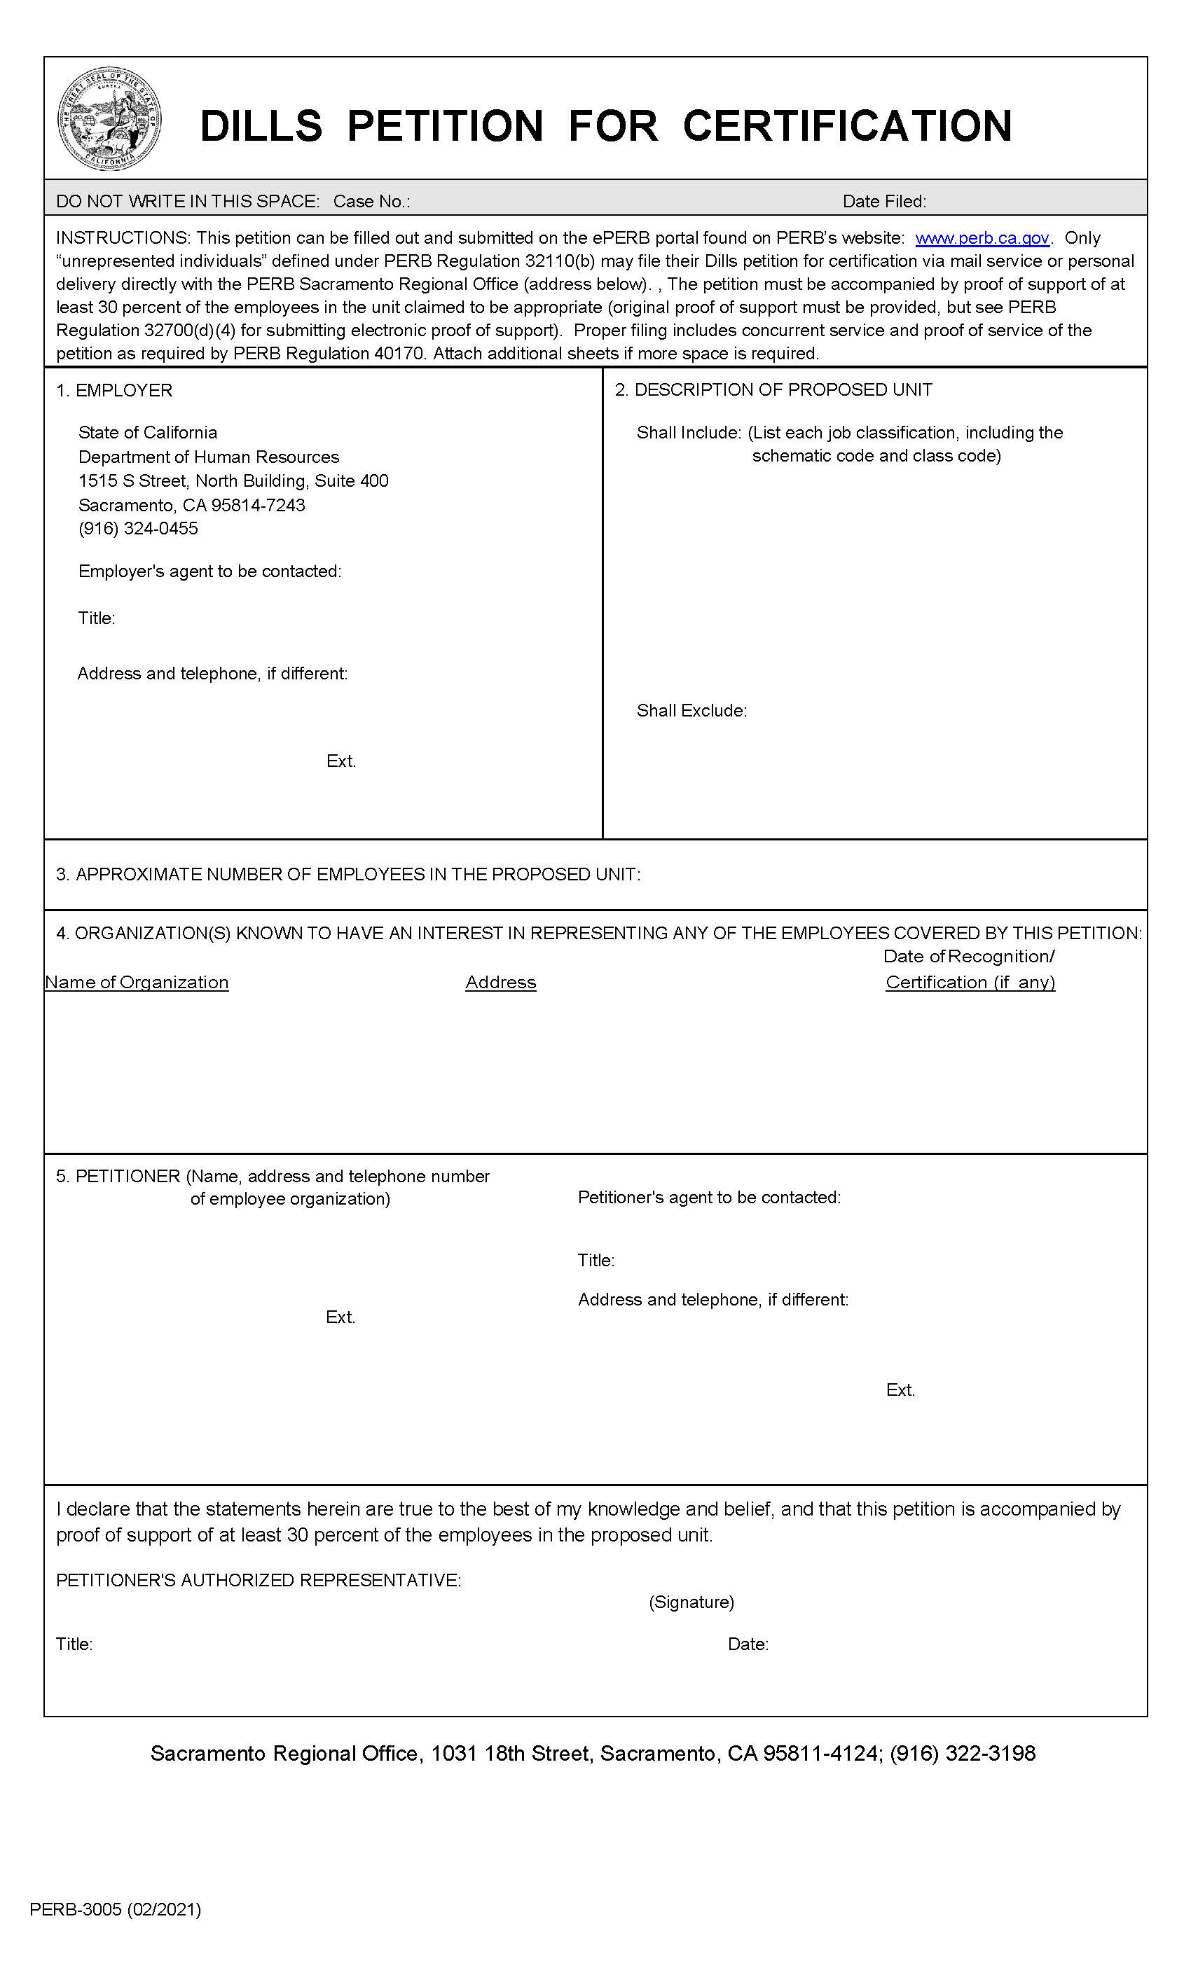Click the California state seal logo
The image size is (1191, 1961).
tap(110, 118)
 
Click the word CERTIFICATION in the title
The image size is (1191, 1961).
tap(847, 126)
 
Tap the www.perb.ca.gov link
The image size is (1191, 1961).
tap(982, 238)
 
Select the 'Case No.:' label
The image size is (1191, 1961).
tap(371, 202)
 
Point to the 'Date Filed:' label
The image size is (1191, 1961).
tap(883, 202)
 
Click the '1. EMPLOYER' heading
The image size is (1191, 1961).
tap(113, 390)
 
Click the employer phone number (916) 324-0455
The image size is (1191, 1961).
tap(138, 529)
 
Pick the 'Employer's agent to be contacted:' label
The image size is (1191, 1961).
tap(209, 571)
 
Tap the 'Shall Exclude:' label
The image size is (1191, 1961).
tap(691, 711)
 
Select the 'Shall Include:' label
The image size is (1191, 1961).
tap(689, 433)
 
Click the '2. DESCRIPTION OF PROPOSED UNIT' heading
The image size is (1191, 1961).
tap(773, 390)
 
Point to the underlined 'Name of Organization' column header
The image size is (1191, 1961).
tap(137, 983)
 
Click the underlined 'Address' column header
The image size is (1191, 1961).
tap(501, 983)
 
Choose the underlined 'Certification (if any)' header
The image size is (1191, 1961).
tap(970, 983)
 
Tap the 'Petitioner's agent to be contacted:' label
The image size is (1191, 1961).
tap(708, 1198)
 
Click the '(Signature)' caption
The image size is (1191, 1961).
tap(691, 1602)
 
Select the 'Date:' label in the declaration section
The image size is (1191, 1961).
tap(748, 1644)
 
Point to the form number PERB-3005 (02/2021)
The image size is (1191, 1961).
tap(116, 1909)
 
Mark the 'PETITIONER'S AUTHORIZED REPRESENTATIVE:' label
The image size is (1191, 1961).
tap(258, 1581)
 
